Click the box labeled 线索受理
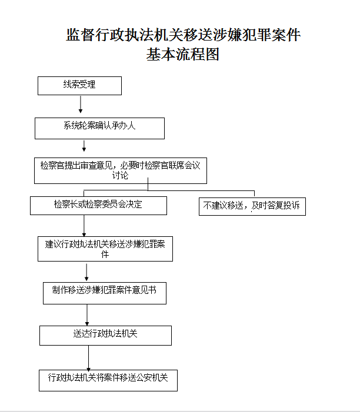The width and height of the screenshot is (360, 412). pos(79,86)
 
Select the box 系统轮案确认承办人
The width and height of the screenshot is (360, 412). pos(99,128)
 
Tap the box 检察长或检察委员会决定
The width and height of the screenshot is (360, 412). pos(98,206)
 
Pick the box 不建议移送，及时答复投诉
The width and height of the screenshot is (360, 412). pos(252,206)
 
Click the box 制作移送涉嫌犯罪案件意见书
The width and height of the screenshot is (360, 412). pos(105,293)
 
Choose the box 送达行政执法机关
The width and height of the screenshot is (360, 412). pos(105,336)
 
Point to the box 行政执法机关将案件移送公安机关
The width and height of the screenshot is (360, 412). pos(108,380)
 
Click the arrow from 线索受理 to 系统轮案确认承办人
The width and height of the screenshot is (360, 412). pos(81,104)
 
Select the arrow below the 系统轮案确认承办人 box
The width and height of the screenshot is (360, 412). pos(84,146)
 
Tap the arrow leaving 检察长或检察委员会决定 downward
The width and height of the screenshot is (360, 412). pos(84,226)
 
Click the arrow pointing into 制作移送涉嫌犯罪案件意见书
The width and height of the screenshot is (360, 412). pos(86,272)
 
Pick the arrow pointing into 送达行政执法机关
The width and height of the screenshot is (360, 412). pos(87,315)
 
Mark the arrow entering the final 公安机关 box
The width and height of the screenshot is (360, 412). pos(89,359)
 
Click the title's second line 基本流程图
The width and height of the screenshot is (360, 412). pos(183,55)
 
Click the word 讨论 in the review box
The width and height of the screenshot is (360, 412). pos(120,175)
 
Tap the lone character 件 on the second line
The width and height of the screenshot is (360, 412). pos(105,254)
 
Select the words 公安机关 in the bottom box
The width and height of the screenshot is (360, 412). pos(152,377)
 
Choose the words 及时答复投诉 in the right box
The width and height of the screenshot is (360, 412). pos(275,205)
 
